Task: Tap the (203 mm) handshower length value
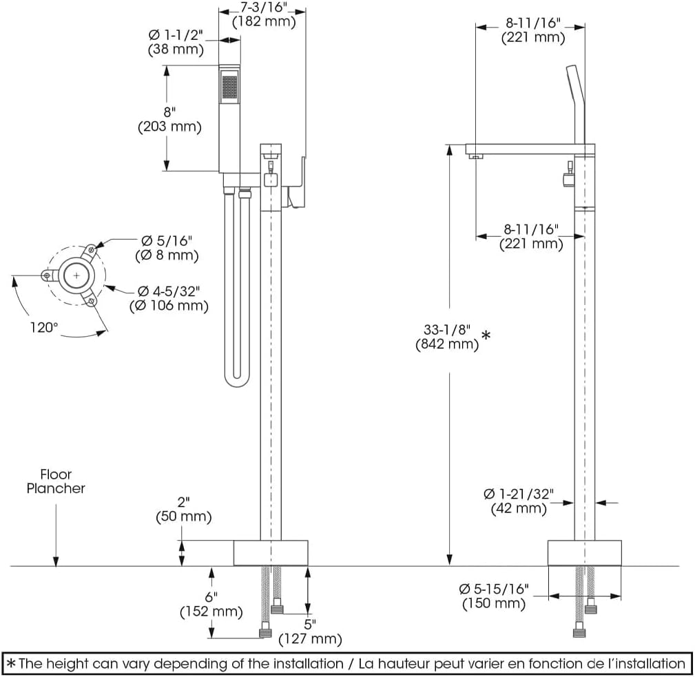pos(169,127)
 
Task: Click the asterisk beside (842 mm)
pos(486,336)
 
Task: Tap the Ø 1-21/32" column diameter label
pos(518,494)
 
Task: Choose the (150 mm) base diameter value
pos(493,604)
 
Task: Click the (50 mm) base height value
pos(184,517)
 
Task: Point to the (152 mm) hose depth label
pos(211,611)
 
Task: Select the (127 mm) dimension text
pos(310,639)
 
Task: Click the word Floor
pos(56,475)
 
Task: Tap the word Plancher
pos(56,488)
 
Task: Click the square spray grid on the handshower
pos(229,87)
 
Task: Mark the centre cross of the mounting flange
pos(76,275)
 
